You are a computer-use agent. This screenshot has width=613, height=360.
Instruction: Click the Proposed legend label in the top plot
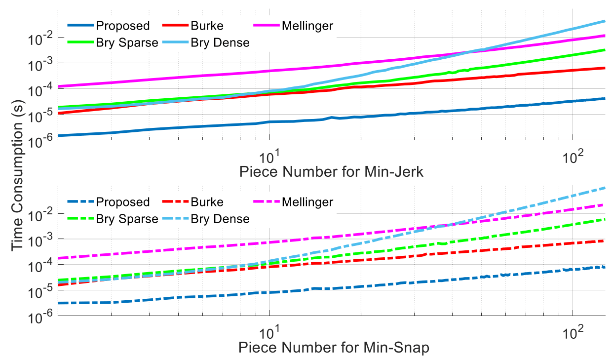tap(122, 26)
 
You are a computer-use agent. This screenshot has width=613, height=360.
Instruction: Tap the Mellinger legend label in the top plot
tap(307, 26)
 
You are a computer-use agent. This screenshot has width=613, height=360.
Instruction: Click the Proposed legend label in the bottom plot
tap(122, 202)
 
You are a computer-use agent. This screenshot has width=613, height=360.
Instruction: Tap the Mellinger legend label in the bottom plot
tap(307, 202)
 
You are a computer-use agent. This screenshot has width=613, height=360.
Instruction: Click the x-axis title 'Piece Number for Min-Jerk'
tap(331, 172)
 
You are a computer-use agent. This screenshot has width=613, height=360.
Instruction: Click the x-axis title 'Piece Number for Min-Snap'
tap(334, 348)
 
